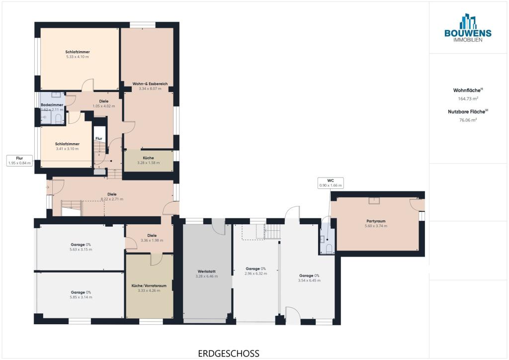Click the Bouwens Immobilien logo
tap(468, 28)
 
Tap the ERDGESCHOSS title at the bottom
tap(229, 353)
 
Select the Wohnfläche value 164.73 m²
tap(468, 98)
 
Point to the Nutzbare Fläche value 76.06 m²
tap(468, 120)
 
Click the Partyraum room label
tap(376, 221)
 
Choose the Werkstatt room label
tap(206, 271)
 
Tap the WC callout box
tap(331, 183)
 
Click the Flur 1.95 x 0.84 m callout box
tap(19, 161)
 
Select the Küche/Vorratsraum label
tap(149, 285)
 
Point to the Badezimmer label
tap(52, 105)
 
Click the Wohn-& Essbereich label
tap(150, 84)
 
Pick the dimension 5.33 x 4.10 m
tap(77, 57)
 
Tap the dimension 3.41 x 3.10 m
tap(67, 149)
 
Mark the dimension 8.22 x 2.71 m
tap(112, 199)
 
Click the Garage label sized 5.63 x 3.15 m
tap(81, 245)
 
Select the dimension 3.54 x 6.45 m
tap(309, 280)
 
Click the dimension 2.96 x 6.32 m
tap(256, 273)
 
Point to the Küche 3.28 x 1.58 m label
tap(148, 161)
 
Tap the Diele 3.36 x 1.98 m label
tap(152, 238)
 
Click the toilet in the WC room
tap(329, 249)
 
